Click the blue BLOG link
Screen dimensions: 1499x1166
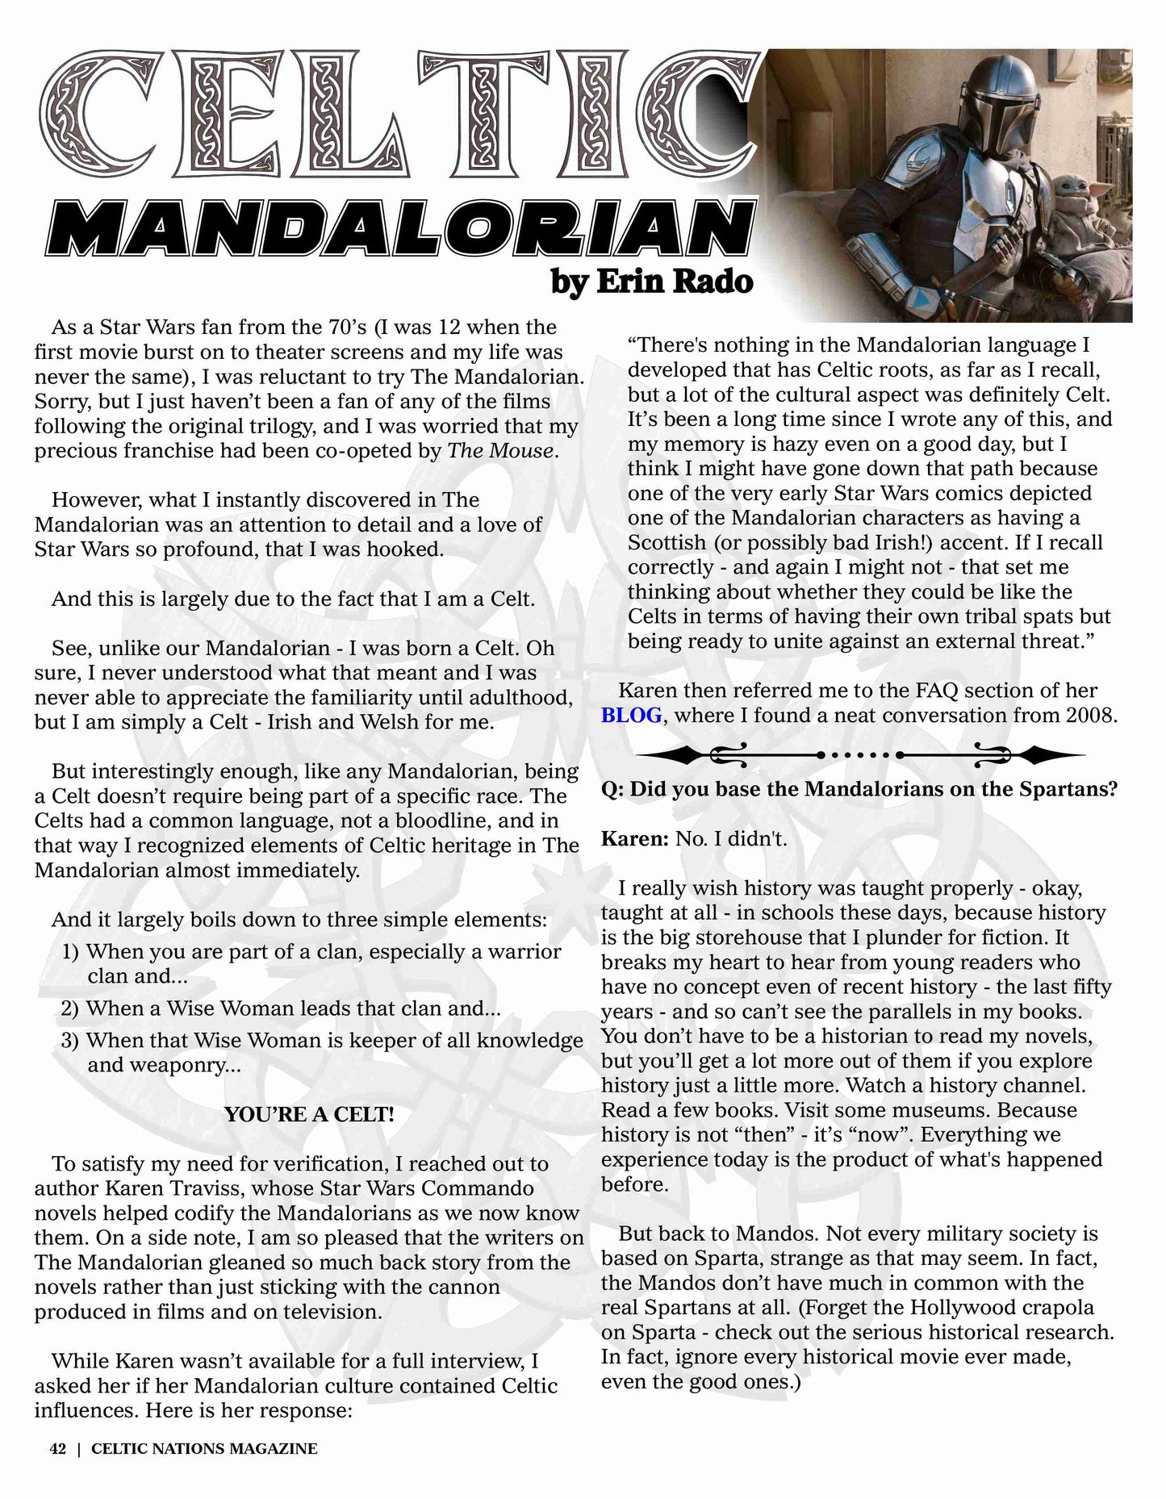pos(632,716)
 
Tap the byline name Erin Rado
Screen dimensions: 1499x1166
pos(675,281)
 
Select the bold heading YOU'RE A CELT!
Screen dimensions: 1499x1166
pos(310,1115)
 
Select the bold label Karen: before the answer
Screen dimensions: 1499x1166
pos(635,839)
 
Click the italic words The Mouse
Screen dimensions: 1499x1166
pos(501,450)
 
